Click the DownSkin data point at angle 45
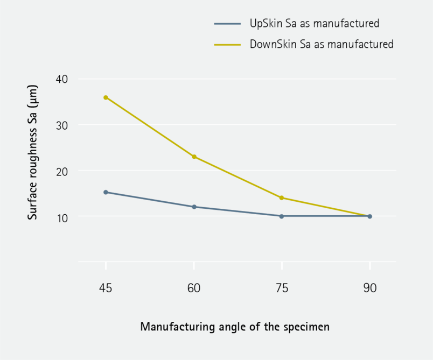[x=106, y=97]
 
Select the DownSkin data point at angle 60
[x=194, y=157]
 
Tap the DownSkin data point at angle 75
[x=282, y=198]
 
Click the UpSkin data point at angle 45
[x=106, y=192]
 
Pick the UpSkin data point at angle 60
[x=194, y=207]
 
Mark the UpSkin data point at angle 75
[x=282, y=216]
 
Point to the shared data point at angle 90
[x=369, y=216]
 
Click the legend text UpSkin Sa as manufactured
[x=315, y=24]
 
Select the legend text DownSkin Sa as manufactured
[x=322, y=44]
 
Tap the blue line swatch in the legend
[x=227, y=24]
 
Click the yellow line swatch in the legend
[x=227, y=44]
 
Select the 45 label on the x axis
[x=106, y=288]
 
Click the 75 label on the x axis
[x=282, y=288]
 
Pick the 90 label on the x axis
[x=369, y=288]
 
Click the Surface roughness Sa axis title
[x=33, y=152]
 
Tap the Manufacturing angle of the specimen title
[x=235, y=327]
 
